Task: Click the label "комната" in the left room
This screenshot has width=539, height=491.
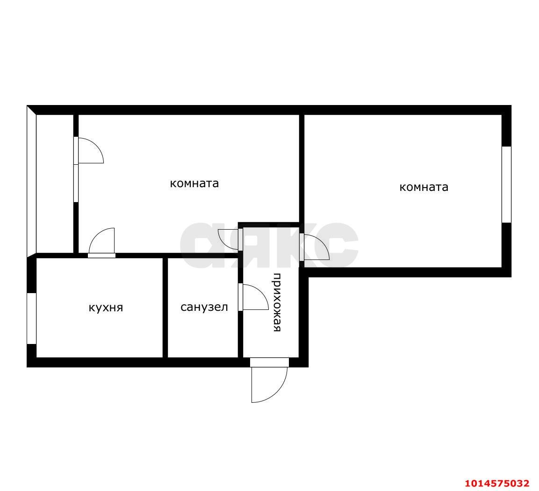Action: pyautogui.click(x=194, y=183)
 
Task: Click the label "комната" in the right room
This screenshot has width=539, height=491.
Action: pyautogui.click(x=424, y=187)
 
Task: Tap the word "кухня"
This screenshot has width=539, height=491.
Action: pyautogui.click(x=106, y=308)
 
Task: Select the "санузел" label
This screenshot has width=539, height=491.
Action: pyautogui.click(x=204, y=307)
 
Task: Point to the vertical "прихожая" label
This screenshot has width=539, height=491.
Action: pyautogui.click(x=277, y=302)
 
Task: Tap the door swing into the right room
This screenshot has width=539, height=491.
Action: pyautogui.click(x=316, y=247)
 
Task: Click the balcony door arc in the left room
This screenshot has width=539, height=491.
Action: pyautogui.click(x=90, y=150)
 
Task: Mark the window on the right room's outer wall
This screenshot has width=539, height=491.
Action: pyautogui.click(x=506, y=184)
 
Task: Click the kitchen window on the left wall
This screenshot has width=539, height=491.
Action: pyautogui.click(x=31, y=318)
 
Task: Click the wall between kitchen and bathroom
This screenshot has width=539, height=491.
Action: pyautogui.click(x=165, y=307)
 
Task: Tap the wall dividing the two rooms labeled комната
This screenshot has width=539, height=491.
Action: pyautogui.click(x=302, y=168)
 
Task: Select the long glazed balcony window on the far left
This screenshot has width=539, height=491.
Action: pyautogui.click(x=31, y=182)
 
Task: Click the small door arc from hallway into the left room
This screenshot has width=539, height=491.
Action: pyautogui.click(x=229, y=238)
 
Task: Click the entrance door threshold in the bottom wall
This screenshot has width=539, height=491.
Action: pyautogui.click(x=269, y=362)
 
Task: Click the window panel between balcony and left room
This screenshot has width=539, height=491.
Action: pyautogui.click(x=76, y=183)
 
